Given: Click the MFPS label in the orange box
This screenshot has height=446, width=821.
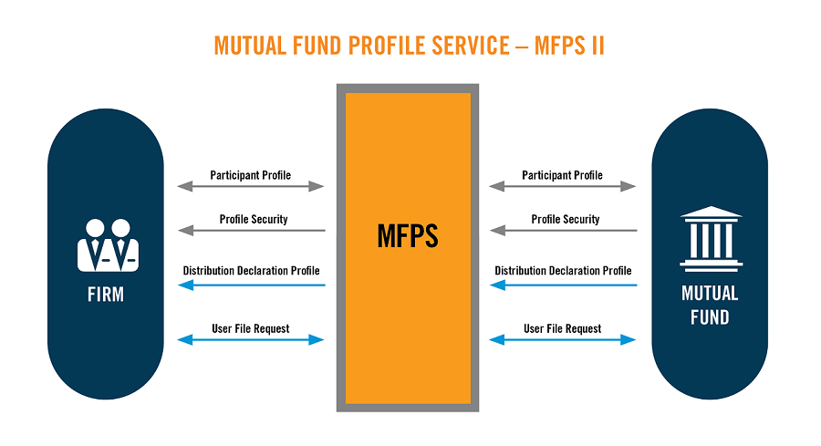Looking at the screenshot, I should pyautogui.click(x=408, y=237).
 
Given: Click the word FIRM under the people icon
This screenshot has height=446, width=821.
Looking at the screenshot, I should pyautogui.click(x=106, y=295).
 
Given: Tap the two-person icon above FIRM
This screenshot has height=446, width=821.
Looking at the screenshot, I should pyautogui.click(x=107, y=245).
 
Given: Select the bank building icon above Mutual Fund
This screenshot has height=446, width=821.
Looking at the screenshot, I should pyautogui.click(x=711, y=239).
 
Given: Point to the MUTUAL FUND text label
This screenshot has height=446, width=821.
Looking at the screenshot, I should pyautogui.click(x=711, y=306).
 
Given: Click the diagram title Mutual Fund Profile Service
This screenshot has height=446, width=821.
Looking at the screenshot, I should pyautogui.click(x=409, y=46).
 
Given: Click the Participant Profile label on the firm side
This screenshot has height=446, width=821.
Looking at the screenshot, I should pyautogui.click(x=251, y=174).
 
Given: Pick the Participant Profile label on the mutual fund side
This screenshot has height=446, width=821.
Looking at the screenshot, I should pyautogui.click(x=563, y=174).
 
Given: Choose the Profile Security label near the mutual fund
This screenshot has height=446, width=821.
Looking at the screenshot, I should pyautogui.click(x=566, y=219).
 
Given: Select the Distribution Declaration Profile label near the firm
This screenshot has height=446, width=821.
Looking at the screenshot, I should pyautogui.click(x=251, y=271).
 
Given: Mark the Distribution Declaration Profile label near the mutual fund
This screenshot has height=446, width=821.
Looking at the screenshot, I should pyautogui.click(x=563, y=271).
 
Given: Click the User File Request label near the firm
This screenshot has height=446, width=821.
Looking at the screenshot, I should pyautogui.click(x=251, y=327).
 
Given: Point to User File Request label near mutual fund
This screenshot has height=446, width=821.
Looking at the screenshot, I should pyautogui.click(x=563, y=327).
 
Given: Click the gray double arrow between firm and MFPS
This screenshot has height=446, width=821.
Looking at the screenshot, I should pyautogui.click(x=251, y=187).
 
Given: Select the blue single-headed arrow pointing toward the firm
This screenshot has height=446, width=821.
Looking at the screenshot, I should pyautogui.click(x=251, y=285).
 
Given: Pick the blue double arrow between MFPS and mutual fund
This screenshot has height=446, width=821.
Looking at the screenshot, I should pyautogui.click(x=563, y=340).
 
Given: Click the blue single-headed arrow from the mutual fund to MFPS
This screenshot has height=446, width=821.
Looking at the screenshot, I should pyautogui.click(x=563, y=285).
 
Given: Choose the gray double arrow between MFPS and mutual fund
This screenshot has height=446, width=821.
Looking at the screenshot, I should pyautogui.click(x=563, y=187).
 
